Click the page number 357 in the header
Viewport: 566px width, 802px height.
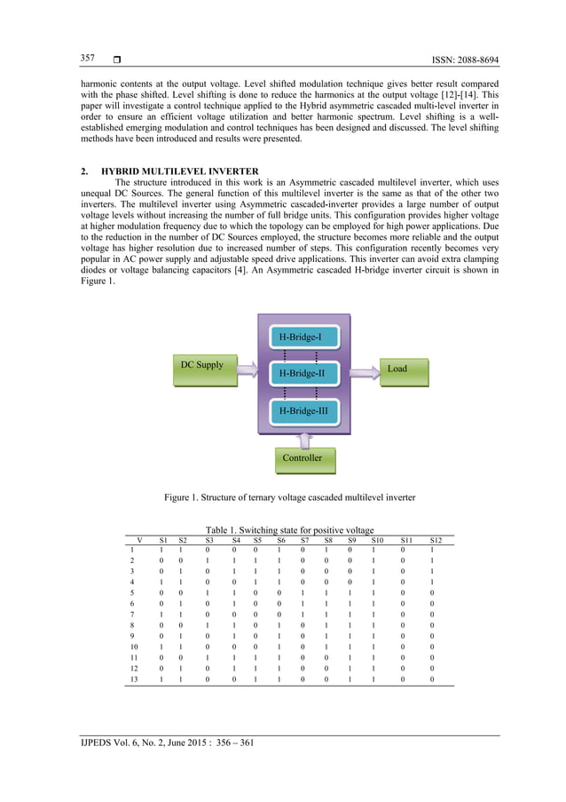point(88,59)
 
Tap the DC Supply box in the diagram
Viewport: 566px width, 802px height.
point(203,366)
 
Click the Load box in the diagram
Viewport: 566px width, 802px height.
point(397,369)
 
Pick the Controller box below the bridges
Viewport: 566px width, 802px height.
point(303,458)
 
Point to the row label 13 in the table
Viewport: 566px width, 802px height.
point(134,679)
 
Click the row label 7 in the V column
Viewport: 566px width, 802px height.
point(131,613)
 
